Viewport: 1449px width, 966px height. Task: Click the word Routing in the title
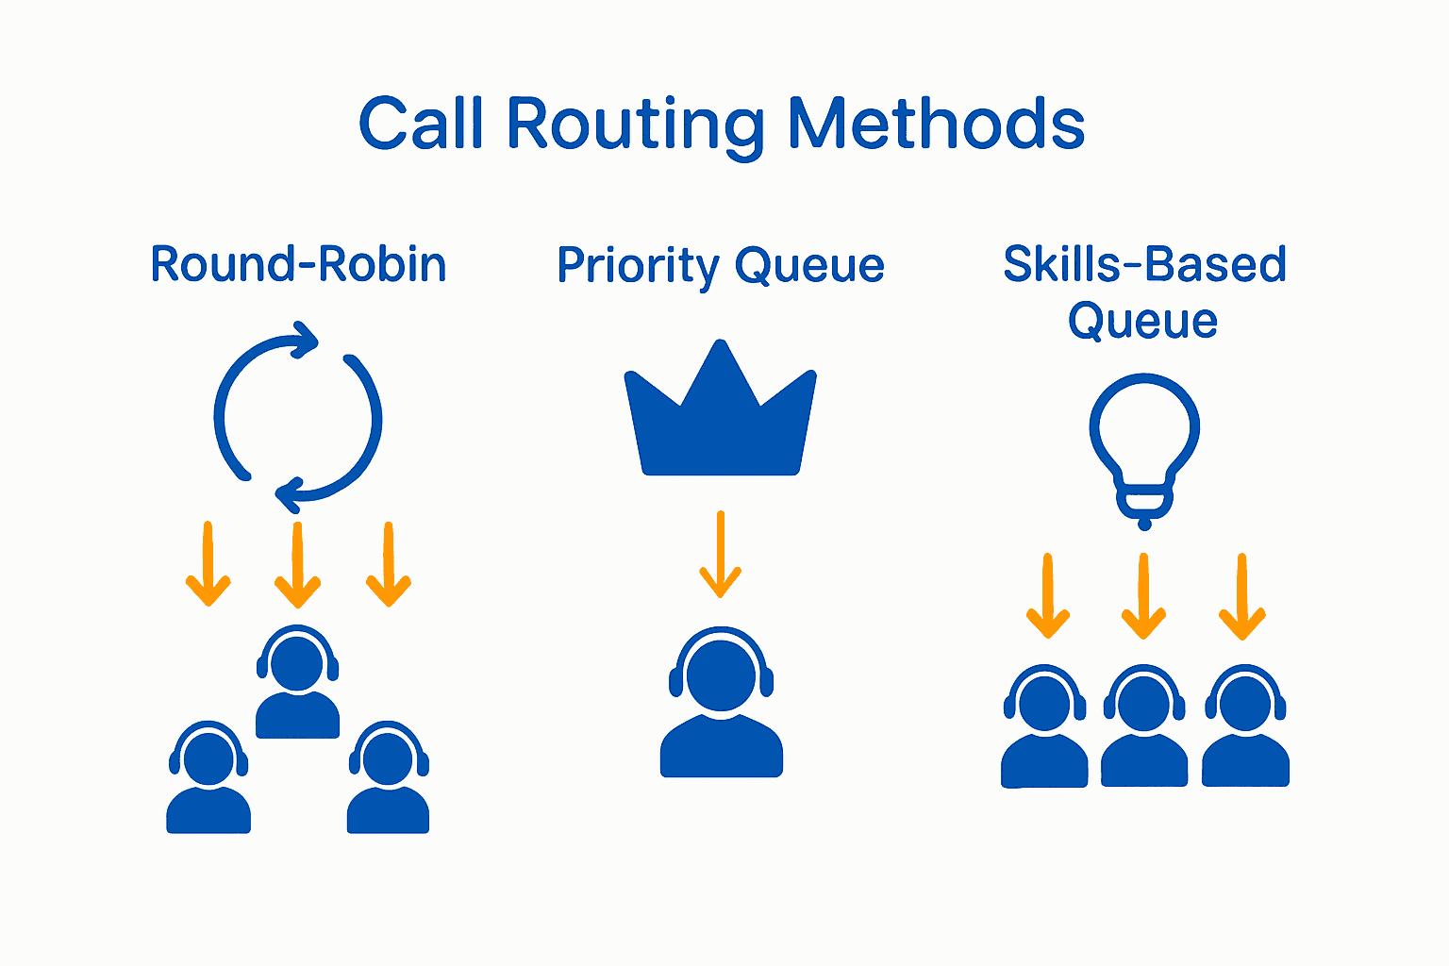tap(635, 125)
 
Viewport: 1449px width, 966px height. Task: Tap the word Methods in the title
tap(936, 125)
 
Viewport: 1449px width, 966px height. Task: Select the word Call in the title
tap(421, 125)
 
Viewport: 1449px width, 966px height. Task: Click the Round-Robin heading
tap(298, 264)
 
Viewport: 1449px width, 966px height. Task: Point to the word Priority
tap(638, 266)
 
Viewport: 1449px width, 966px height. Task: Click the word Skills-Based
tap(1144, 264)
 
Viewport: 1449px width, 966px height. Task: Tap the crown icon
tap(721, 415)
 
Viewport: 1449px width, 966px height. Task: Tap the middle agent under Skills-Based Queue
tap(1144, 726)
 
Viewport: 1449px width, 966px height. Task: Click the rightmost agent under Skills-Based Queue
tap(1245, 726)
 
